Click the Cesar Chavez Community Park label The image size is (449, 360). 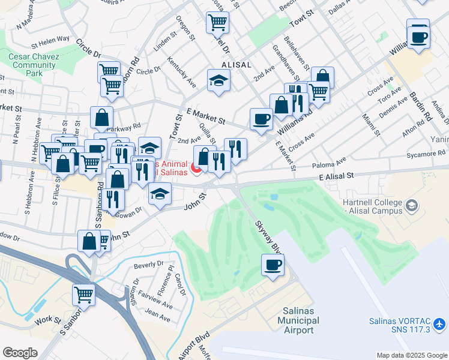32,65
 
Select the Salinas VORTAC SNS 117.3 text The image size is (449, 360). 400,325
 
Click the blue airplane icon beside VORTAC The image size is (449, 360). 440,325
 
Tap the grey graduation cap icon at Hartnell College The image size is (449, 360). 411,206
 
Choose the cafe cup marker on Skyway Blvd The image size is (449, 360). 273,265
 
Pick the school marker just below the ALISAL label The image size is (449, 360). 219,80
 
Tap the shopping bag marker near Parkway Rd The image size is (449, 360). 102,118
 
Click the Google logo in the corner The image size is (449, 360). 20,353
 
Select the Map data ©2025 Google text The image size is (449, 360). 411,355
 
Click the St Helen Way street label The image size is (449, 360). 50,41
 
